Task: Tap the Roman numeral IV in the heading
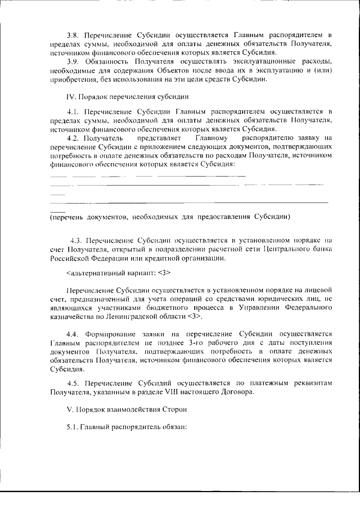[70, 96]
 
